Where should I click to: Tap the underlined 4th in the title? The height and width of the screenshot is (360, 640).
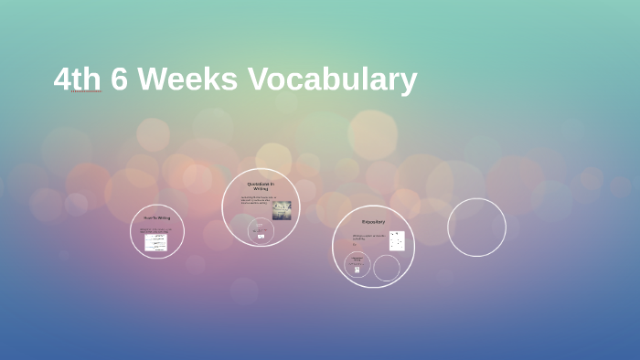click(x=77, y=79)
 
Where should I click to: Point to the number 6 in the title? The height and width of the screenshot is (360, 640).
click(x=119, y=79)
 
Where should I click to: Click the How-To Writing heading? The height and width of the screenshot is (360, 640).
click(x=156, y=217)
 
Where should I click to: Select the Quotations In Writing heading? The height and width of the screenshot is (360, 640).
click(x=261, y=186)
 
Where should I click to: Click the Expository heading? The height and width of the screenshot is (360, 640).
click(x=373, y=221)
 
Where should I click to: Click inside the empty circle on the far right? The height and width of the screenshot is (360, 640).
click(x=476, y=228)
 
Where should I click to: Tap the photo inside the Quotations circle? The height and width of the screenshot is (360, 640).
click(x=282, y=210)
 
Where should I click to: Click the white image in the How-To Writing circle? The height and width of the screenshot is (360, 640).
click(x=156, y=242)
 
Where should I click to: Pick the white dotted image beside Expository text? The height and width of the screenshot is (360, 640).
click(x=396, y=240)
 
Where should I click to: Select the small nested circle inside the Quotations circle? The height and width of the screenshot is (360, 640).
click(x=261, y=230)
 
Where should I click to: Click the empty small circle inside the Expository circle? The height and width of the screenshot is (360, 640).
click(x=387, y=268)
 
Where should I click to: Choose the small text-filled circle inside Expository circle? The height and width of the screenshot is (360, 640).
click(x=357, y=265)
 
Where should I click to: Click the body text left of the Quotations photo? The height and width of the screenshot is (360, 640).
click(x=255, y=200)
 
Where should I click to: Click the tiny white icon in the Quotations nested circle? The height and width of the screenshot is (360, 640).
click(x=261, y=237)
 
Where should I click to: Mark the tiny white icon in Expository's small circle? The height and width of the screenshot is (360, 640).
click(x=357, y=270)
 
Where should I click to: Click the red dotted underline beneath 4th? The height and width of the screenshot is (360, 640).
click(x=85, y=92)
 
